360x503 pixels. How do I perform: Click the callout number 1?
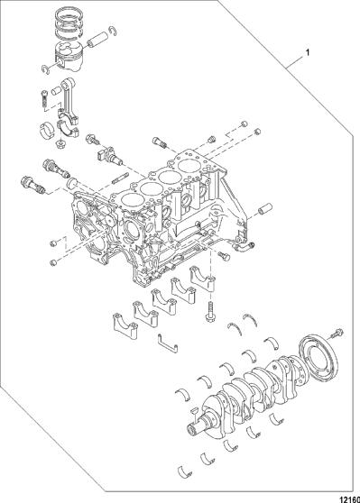[x=308, y=52]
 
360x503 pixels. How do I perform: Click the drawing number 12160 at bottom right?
[x=350, y=498]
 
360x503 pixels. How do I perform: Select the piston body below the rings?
[x=69, y=57]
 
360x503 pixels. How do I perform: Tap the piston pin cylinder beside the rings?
[x=97, y=39]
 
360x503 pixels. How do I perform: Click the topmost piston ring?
[x=69, y=14]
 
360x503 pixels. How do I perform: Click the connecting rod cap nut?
[x=60, y=144]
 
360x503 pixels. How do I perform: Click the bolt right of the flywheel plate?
[x=336, y=334]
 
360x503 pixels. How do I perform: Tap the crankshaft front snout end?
[x=193, y=429]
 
